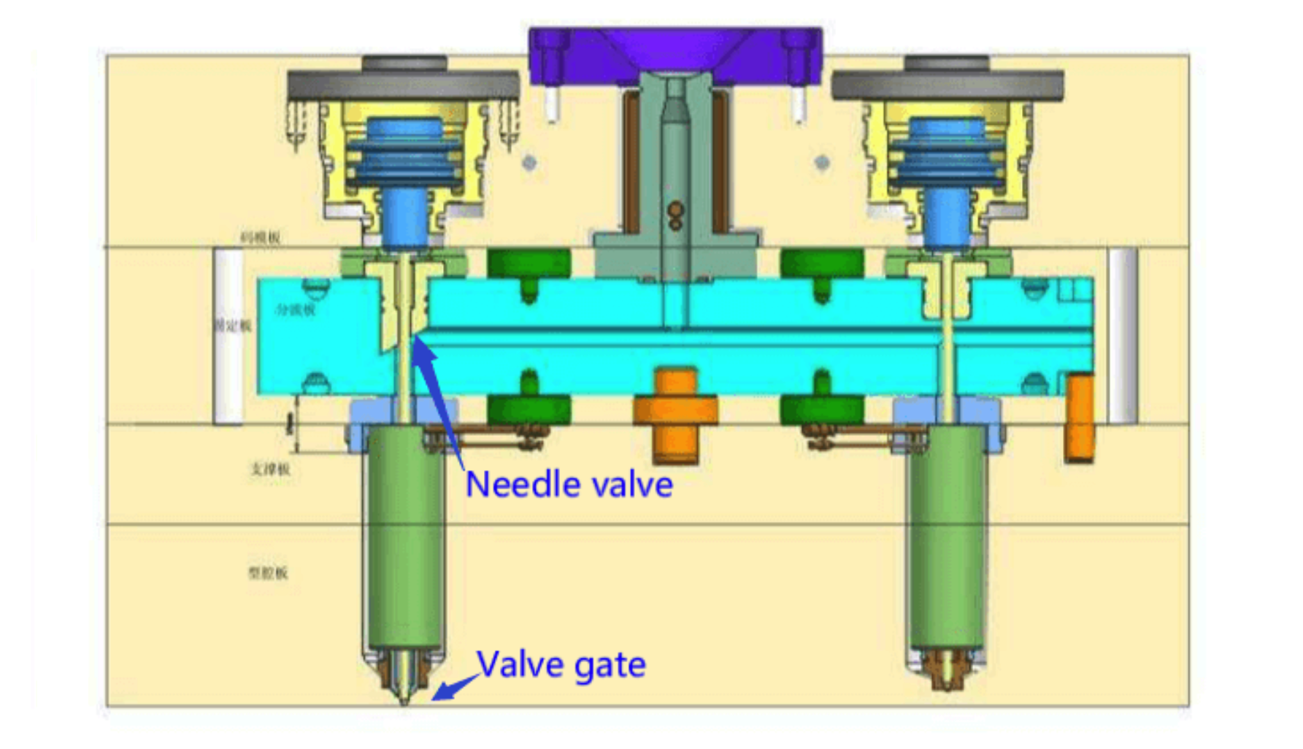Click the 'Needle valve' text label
pos(569,485)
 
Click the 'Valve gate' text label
pos(561,664)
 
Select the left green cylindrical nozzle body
pos(405,537)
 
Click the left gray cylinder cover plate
pos(403,85)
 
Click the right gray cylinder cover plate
pos(948,85)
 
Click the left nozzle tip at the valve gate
pos(404,683)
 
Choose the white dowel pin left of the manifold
pos(228,336)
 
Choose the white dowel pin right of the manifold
pos(1122,336)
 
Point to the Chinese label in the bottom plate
pos(268,573)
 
